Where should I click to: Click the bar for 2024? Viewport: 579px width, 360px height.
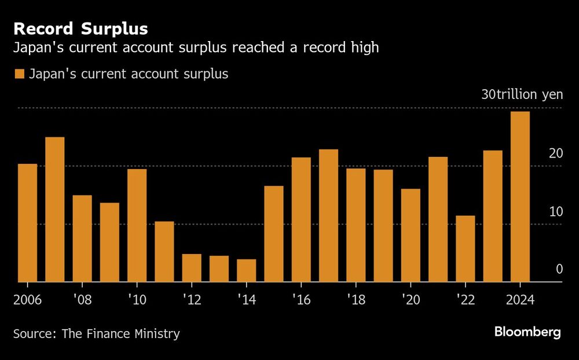pyautogui.click(x=520, y=197)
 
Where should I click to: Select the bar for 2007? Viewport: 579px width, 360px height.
pyautogui.click(x=55, y=210)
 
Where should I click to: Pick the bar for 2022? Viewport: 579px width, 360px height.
pyautogui.click(x=465, y=249)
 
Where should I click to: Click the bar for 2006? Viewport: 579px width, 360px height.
pyautogui.click(x=27, y=223)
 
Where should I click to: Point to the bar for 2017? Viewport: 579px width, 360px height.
pyautogui.click(x=328, y=215)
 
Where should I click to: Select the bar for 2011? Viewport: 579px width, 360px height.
pyautogui.click(x=164, y=252)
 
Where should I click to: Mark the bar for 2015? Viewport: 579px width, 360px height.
pyautogui.click(x=274, y=234)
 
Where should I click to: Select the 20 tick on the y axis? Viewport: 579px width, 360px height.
pyautogui.click(x=556, y=154)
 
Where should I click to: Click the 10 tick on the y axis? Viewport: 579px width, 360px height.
pyautogui.click(x=556, y=212)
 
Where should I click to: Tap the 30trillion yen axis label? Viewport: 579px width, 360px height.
pyautogui.click(x=522, y=95)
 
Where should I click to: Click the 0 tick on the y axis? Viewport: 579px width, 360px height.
pyautogui.click(x=559, y=269)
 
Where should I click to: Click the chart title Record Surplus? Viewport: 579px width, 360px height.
pyautogui.click(x=80, y=28)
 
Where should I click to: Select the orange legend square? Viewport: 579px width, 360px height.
pyautogui.click(x=20, y=74)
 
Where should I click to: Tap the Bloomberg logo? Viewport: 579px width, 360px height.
pyautogui.click(x=527, y=332)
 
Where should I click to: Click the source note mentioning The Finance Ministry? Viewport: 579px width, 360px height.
pyautogui.click(x=96, y=334)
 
